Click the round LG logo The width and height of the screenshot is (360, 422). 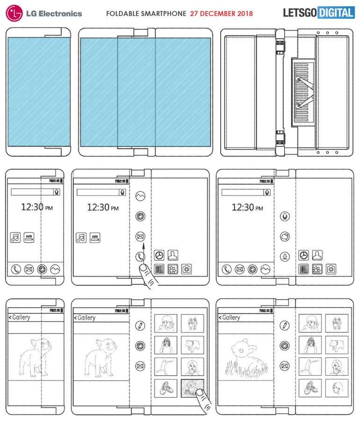(x=14, y=13)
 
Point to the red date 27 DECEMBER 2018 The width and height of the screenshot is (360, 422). (x=222, y=14)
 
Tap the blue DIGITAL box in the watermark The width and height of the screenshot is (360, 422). (x=336, y=13)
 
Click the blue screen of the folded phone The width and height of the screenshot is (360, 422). (x=39, y=91)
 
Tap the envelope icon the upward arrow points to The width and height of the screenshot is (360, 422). (x=139, y=236)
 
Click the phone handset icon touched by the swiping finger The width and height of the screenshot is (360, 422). (x=139, y=256)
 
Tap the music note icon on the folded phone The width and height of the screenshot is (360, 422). (x=15, y=238)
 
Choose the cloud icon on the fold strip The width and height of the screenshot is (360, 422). (x=284, y=236)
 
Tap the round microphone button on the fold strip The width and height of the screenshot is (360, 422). (x=284, y=216)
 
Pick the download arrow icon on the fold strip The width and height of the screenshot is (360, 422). (x=284, y=256)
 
